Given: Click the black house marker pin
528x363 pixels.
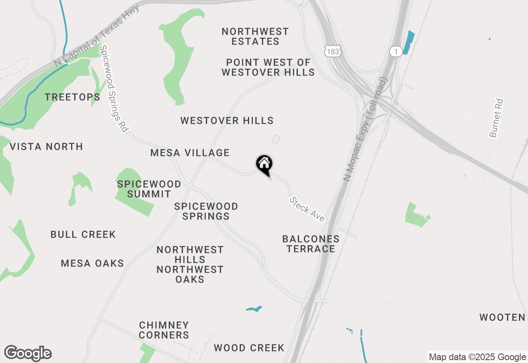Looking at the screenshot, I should click(264, 165).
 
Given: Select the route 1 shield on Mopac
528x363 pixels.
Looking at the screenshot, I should click(396, 51).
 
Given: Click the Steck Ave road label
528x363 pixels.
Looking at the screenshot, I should click(307, 209).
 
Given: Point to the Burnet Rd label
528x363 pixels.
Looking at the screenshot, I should click(497, 118).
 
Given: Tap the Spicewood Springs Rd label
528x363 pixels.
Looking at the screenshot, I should click(113, 89).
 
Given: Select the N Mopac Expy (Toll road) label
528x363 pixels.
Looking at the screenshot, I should click(366, 129).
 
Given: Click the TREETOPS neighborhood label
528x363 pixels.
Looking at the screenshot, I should click(73, 97).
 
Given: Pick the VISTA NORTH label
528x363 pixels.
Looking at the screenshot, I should click(46, 147).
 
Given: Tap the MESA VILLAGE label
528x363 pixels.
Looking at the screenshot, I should click(190, 153).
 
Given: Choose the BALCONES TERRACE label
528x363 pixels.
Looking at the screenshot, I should click(311, 244).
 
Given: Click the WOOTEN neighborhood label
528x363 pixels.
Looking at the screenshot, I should click(502, 317).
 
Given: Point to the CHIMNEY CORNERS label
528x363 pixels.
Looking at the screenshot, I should click(164, 330).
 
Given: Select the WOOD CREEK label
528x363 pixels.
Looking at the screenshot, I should click(249, 348).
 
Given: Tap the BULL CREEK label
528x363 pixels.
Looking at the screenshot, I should click(83, 235).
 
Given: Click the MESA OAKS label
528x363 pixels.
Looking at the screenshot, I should click(92, 264).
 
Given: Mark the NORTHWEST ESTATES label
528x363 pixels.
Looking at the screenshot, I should click(255, 37).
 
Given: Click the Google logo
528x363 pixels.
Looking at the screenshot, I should click(28, 354).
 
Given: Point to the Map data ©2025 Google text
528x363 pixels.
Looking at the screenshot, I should click(477, 357).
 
